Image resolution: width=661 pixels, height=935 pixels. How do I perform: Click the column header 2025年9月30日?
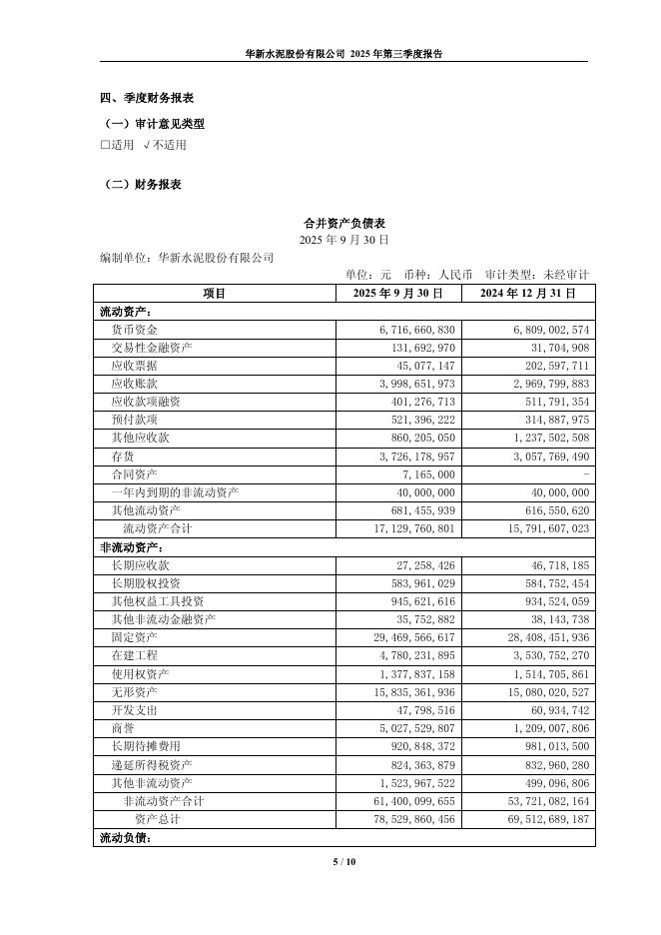[x=398, y=294]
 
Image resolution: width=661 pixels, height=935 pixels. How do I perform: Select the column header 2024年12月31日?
[x=528, y=294]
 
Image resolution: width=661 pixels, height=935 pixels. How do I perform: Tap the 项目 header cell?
[x=215, y=294]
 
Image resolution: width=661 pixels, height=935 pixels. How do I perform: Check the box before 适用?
[x=105, y=145]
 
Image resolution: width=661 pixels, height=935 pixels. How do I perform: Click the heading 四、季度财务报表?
[x=146, y=98]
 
